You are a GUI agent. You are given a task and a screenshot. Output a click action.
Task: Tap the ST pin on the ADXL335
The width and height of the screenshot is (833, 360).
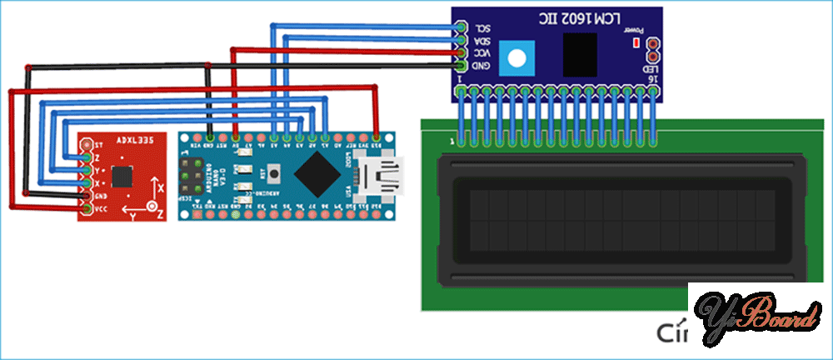87,144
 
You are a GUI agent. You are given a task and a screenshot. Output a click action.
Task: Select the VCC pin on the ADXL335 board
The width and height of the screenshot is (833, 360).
87,207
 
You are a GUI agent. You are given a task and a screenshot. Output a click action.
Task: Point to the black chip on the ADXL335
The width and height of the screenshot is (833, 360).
122,176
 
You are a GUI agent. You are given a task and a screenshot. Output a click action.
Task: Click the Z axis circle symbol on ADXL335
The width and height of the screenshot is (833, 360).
152,206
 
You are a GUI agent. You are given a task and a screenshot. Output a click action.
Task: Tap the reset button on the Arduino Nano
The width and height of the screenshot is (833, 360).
276,176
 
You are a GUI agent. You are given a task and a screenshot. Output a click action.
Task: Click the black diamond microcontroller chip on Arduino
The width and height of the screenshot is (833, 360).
317,173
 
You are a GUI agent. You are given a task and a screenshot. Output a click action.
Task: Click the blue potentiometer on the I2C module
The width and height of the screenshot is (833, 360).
518,57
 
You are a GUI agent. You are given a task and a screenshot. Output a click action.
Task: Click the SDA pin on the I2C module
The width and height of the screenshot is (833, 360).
460,38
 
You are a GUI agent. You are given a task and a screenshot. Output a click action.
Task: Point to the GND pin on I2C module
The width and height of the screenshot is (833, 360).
460,64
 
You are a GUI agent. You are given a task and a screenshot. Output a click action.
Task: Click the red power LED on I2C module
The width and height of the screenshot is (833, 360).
636,41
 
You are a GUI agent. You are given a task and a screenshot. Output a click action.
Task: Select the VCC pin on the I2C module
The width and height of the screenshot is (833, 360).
460,52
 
